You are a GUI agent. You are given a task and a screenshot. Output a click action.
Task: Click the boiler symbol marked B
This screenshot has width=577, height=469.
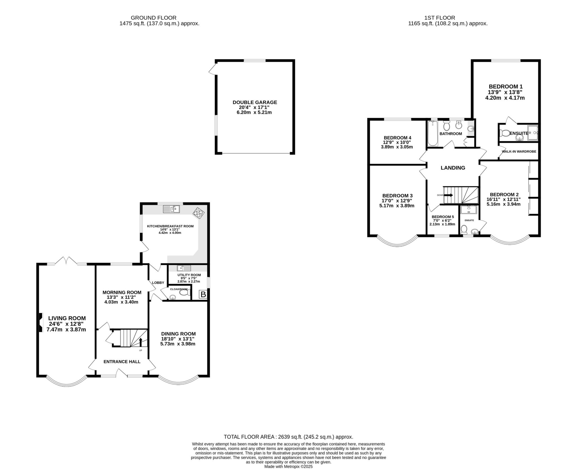(x=203, y=295)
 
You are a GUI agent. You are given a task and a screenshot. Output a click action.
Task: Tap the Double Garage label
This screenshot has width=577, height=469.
(x=255, y=102)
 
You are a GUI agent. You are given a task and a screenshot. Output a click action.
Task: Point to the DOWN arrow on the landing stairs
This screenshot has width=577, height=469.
(x=448, y=195)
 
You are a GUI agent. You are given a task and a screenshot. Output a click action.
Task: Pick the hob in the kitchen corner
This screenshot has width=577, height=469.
(x=198, y=213)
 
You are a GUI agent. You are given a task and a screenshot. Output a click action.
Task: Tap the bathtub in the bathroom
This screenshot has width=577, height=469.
(x=432, y=134)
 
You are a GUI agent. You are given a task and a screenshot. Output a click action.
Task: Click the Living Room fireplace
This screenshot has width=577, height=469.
(x=41, y=323)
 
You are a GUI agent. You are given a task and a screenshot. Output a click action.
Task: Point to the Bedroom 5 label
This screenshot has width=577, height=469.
(x=443, y=217)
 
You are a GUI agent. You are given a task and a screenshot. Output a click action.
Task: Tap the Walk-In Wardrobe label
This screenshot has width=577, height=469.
(x=519, y=151)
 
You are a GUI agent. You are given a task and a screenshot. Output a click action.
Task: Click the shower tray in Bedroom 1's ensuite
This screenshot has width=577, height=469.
(x=533, y=133)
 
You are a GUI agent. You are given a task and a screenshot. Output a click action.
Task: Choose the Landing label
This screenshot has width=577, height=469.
(x=453, y=168)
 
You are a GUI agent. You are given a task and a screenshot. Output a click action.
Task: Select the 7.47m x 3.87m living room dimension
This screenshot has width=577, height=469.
(x=67, y=329)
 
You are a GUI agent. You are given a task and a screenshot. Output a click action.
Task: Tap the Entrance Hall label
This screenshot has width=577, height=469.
(x=122, y=361)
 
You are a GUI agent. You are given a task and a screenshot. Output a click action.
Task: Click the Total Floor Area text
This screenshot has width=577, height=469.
(x=288, y=437)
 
